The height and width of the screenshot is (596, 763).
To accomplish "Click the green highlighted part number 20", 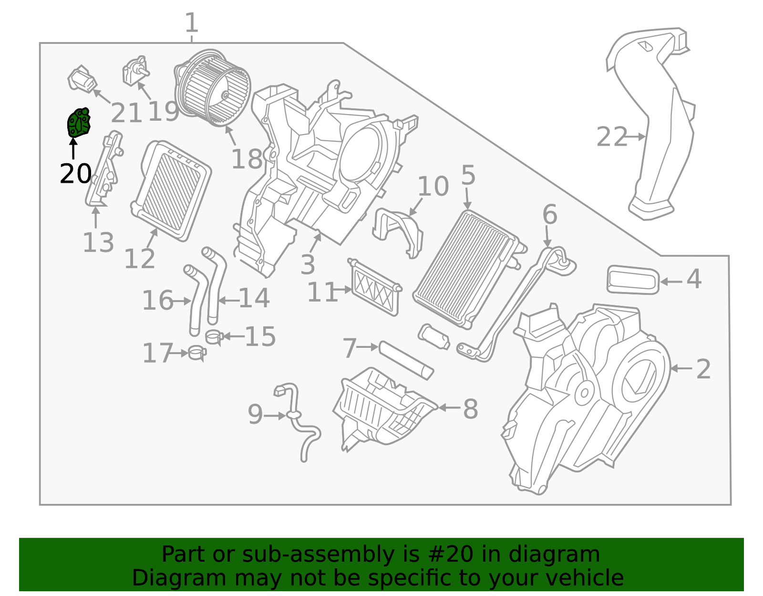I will coord(78,123).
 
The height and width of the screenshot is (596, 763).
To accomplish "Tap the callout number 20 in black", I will coord(75,174).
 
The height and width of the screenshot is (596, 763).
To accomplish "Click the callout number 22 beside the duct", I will coord(612,137).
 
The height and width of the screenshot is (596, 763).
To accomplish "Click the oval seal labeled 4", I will coord(632,280).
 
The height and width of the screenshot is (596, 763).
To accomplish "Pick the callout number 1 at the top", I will coord(191,22).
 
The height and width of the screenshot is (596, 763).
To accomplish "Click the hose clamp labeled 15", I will coord(214,337).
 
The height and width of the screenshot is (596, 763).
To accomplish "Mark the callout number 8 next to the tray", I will coord(470,409).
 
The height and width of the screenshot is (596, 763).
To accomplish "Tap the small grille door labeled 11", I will coord(374,288).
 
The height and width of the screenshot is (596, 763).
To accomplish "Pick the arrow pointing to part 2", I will coord(681,368).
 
